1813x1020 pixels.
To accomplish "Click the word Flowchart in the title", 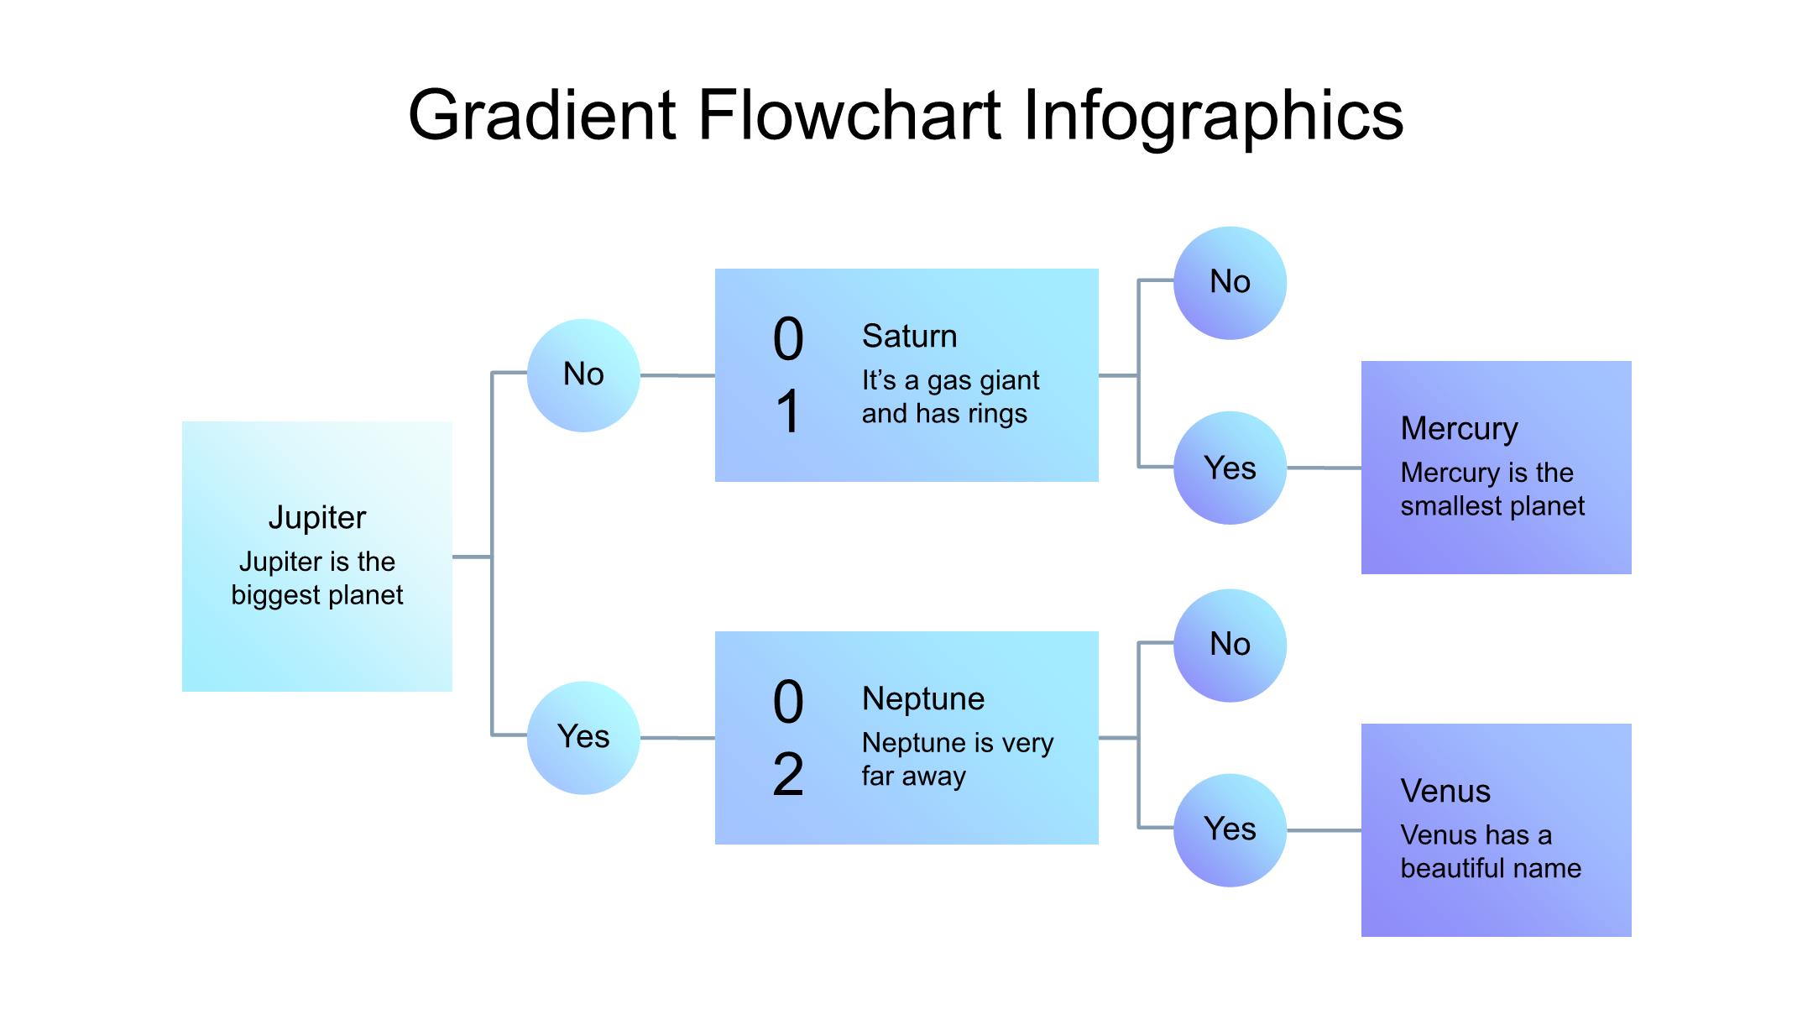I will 849,115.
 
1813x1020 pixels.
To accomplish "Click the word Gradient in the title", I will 541,115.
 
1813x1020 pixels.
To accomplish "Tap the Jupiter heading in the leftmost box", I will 317,517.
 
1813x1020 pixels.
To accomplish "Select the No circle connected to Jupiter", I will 583,375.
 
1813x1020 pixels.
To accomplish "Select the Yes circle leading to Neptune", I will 583,738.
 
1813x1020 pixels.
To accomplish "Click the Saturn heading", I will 909,336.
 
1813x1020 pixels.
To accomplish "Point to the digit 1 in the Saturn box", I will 787,412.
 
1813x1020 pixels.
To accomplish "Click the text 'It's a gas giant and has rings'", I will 949,397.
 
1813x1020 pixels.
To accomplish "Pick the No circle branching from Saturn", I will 1230,283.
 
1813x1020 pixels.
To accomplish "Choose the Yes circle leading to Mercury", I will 1230,468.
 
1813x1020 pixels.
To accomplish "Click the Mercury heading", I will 1459,428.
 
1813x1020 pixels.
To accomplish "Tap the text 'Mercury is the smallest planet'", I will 1492,489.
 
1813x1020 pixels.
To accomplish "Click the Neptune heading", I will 922,698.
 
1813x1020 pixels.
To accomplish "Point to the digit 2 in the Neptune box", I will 787,775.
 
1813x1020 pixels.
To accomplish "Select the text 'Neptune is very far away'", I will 956,759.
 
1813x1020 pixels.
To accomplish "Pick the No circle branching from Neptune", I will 1230,646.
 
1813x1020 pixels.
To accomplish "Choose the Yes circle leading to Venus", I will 1230,830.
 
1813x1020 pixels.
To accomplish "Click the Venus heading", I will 1445,791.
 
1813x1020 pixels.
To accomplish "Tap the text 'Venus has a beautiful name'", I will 1490,851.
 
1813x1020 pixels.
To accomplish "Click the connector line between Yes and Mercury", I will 1324,468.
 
